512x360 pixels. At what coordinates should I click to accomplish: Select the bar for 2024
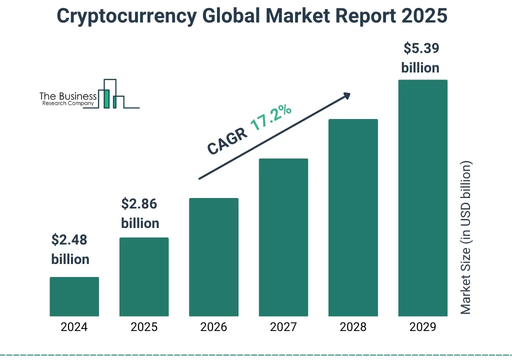74,296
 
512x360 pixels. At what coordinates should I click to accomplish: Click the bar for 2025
144,277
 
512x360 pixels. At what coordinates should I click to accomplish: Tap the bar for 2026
213,257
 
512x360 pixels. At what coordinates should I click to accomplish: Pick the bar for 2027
283,237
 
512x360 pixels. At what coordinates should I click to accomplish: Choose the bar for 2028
353,217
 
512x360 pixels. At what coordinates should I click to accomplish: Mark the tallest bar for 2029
422,198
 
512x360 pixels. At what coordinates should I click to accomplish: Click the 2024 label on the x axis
74,327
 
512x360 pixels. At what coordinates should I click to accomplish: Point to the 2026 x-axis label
213,327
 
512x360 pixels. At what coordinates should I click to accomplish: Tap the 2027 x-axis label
283,327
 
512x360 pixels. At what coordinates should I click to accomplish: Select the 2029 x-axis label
422,327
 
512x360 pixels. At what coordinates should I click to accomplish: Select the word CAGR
227,141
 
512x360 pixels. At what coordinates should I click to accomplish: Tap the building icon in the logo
110,95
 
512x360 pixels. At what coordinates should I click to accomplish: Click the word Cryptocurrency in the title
127,16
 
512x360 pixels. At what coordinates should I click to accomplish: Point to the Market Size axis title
466,237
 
